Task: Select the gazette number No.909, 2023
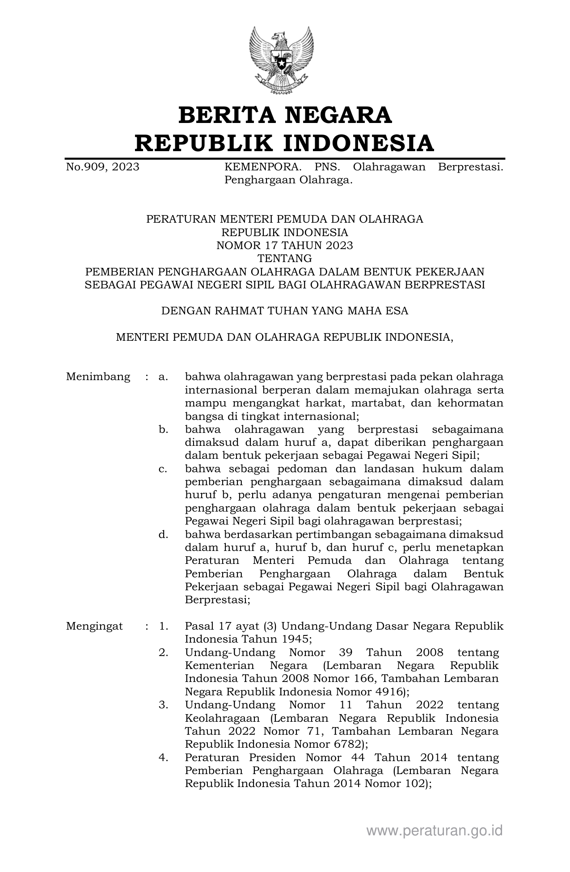102,167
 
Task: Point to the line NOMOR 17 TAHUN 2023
285,246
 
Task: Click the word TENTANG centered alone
285,258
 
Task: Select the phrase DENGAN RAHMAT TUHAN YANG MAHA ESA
285,311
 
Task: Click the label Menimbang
98,377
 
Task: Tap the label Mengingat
94,626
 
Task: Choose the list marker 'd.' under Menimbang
163,534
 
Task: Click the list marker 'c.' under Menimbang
163,469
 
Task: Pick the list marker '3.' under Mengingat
163,705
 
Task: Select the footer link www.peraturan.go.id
435,831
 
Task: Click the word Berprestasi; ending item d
217,600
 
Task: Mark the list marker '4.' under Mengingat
163,758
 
